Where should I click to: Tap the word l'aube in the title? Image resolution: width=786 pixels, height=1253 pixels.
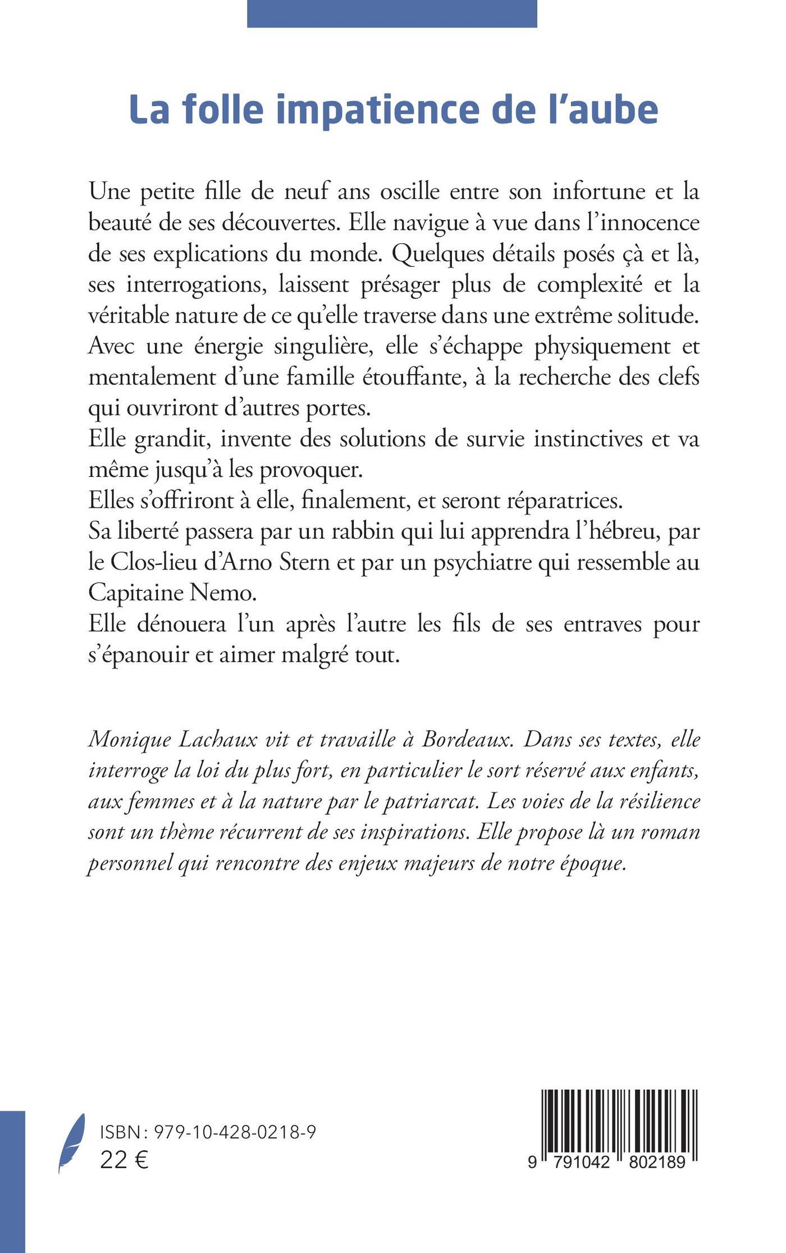(x=603, y=110)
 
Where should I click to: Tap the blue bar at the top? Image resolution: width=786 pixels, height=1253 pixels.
(x=392, y=13)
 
